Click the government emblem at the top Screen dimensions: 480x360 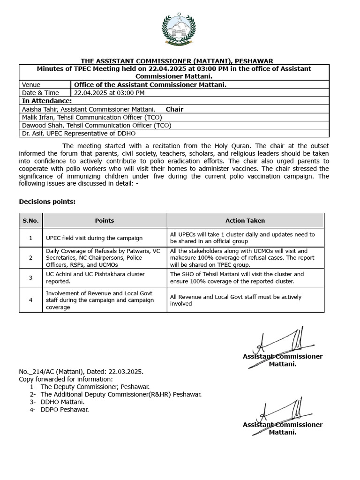(180, 30)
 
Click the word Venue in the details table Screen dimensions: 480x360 (31, 85)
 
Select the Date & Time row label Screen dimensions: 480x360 (40, 93)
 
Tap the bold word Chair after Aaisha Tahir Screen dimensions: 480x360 (174, 109)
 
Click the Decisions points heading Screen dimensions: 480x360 (47, 202)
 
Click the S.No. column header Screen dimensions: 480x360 (30, 220)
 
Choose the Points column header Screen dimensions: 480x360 (105, 220)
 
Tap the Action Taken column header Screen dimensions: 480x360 (245, 220)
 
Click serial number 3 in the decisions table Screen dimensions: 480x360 (30, 277)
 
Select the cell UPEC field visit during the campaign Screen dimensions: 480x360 (94, 238)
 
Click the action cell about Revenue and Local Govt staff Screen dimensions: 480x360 (236, 300)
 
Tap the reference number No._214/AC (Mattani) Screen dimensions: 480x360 (52, 372)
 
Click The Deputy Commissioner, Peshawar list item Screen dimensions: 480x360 (95, 387)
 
